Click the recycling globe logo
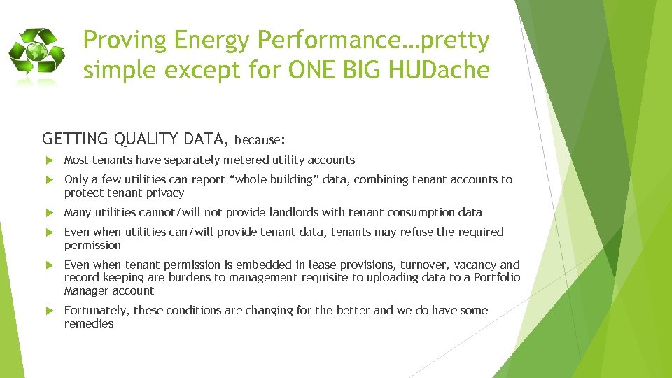[37, 57]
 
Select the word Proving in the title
[125, 41]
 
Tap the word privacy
[164, 192]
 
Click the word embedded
[250, 265]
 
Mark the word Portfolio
[497, 277]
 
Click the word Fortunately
[96, 310]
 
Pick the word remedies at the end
[88, 323]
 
